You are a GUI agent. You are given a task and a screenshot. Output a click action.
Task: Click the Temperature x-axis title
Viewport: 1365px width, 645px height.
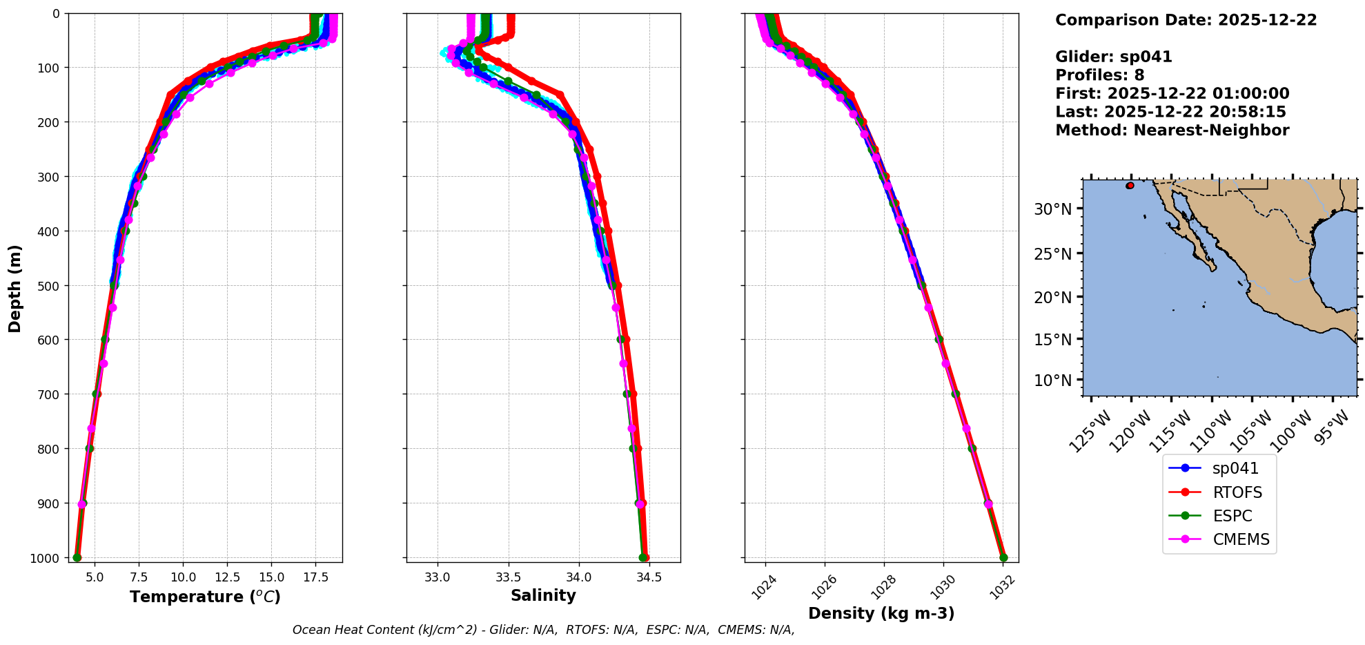(x=205, y=597)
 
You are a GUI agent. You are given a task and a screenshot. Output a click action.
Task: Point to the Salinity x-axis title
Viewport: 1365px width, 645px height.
(x=543, y=595)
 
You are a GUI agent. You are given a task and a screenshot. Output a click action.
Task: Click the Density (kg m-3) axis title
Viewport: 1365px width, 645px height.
(x=881, y=613)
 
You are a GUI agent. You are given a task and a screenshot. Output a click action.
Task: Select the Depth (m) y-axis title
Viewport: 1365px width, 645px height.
(x=14, y=288)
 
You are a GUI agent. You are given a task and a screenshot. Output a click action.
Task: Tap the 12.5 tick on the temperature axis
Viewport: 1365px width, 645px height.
(x=226, y=577)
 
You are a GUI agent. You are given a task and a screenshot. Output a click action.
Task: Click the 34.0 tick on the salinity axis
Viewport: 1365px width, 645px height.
(x=578, y=577)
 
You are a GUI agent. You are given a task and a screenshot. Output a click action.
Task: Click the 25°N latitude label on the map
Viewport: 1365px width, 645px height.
(x=1052, y=253)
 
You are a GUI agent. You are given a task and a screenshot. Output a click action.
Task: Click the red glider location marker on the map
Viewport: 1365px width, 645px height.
(x=1130, y=186)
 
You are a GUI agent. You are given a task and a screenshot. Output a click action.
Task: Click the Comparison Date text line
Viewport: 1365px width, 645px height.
(x=1186, y=20)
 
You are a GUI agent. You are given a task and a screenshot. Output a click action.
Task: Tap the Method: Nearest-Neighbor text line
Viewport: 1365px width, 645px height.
(x=1172, y=131)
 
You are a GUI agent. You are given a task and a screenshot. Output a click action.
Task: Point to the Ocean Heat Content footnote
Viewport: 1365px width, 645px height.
(x=543, y=630)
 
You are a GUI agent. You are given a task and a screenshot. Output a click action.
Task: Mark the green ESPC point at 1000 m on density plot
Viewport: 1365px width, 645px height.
(x=1003, y=558)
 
